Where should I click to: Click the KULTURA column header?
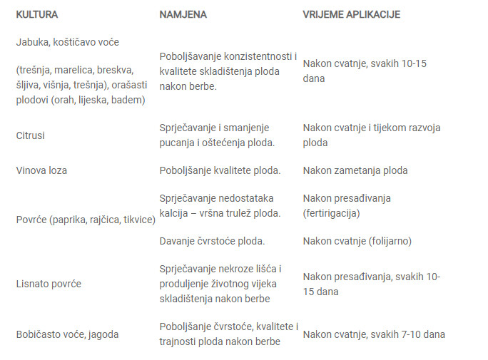pos(37,14)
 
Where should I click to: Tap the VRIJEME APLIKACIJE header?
pos(351,14)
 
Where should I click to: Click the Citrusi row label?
pos(31,135)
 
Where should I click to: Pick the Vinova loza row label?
pos(41,170)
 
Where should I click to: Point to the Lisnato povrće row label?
pos(49,284)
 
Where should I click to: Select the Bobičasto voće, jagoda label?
pos(67,334)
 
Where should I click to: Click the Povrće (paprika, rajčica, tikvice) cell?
pos(86,220)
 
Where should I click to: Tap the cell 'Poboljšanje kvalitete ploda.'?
pos(220,170)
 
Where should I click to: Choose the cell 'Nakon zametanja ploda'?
pos(355,170)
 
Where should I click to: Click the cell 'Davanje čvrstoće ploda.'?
pos(212,241)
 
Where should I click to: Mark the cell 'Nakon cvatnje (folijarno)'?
pos(357,241)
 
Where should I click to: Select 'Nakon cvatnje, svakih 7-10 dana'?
pos(374,334)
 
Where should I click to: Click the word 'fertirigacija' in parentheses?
pos(331,212)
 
